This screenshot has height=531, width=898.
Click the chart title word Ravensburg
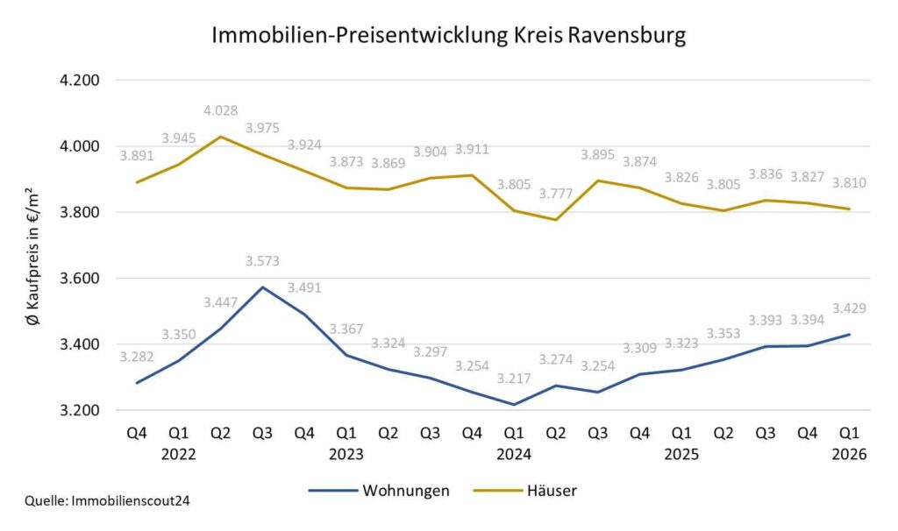(626, 36)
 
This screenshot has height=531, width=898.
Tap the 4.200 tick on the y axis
(79, 81)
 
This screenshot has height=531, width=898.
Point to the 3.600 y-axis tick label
(79, 279)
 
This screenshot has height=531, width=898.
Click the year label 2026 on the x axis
(850, 454)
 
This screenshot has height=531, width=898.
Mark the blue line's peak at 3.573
(262, 287)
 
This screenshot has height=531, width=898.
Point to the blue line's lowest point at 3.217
(514, 405)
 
